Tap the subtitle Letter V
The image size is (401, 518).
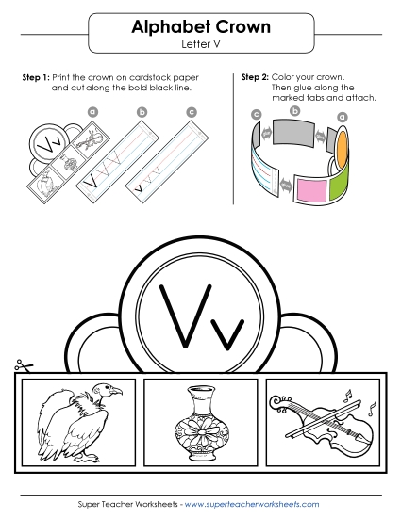(200, 43)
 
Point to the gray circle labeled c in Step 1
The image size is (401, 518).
(192, 112)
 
